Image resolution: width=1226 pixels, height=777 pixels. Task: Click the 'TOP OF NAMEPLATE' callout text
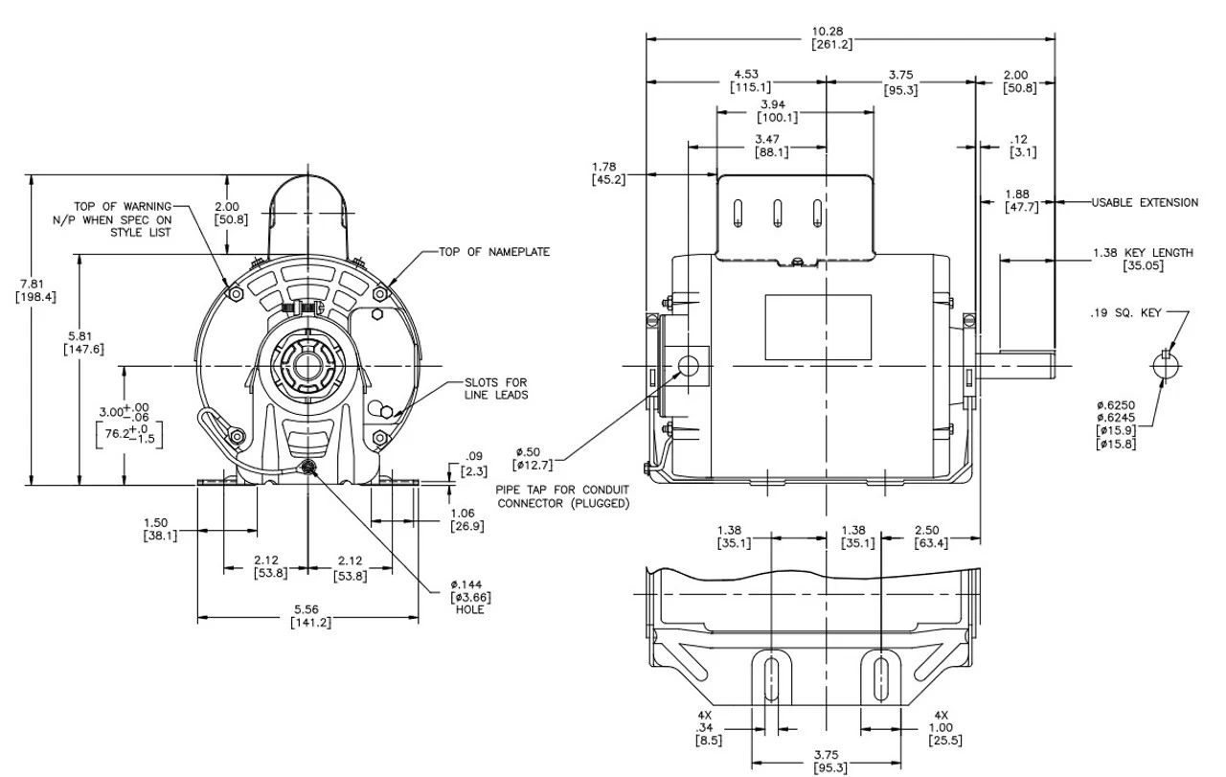[494, 252]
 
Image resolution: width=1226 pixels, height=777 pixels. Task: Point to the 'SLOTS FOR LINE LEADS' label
[496, 389]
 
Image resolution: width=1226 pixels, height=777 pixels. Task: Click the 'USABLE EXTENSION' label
[1145, 202]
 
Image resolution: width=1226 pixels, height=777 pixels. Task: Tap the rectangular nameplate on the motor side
[817, 328]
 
